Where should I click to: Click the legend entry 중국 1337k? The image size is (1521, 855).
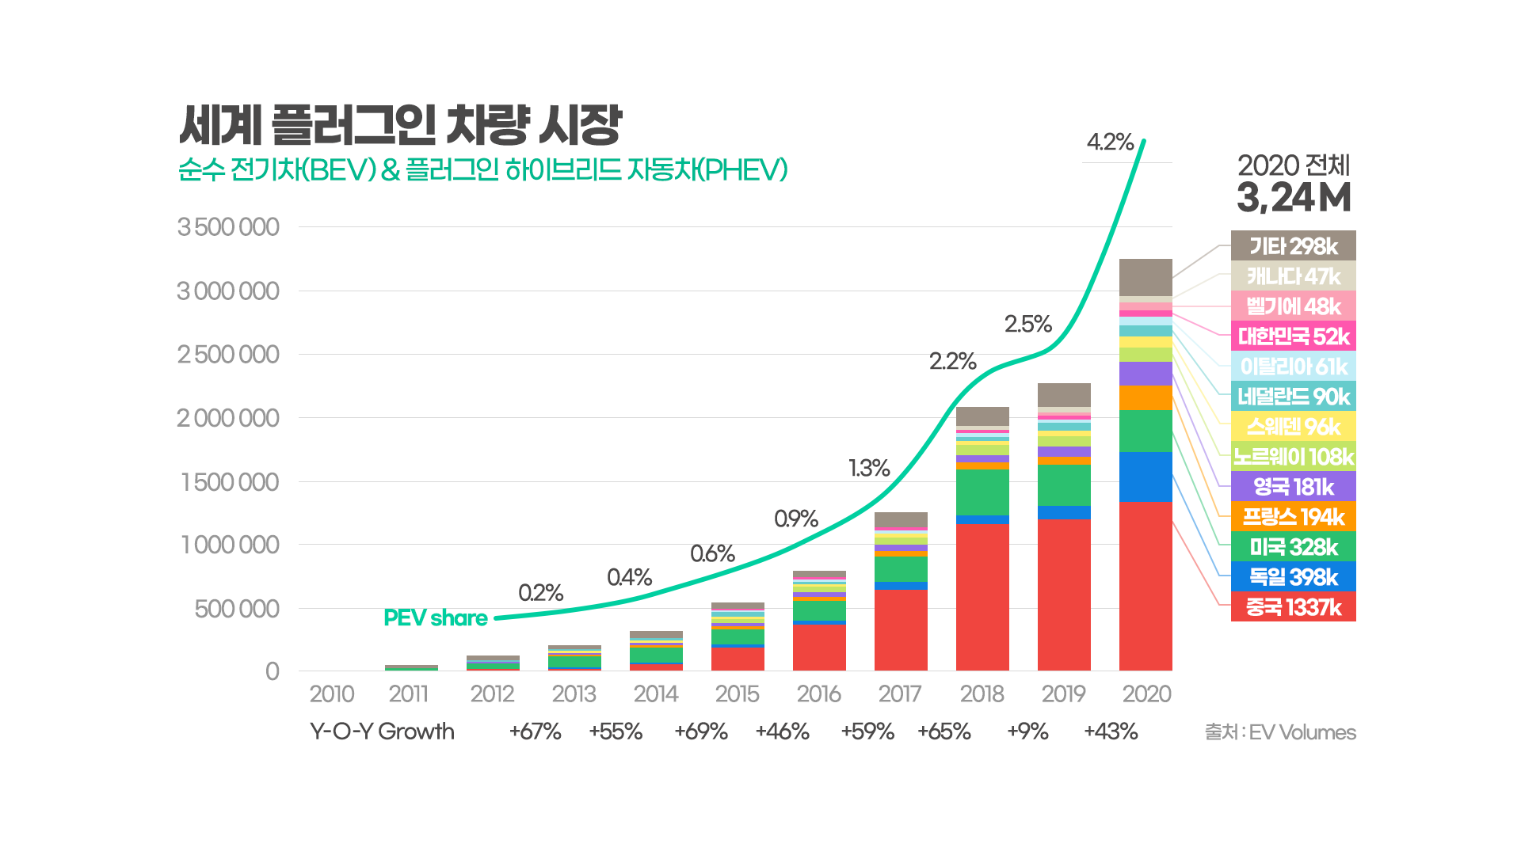[1293, 607]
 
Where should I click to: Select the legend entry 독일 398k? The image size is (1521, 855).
[1293, 577]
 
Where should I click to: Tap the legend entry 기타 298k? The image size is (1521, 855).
[1293, 246]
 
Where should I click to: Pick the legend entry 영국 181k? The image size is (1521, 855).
[1293, 487]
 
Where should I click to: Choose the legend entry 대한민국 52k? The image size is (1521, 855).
[1293, 336]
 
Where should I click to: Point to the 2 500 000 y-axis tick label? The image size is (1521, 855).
[228, 354]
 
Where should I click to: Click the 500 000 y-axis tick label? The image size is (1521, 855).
[237, 609]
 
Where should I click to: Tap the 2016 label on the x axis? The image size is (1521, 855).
[818, 694]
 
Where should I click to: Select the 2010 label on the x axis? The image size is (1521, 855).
[331, 694]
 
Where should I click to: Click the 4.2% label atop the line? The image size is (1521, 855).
[1110, 142]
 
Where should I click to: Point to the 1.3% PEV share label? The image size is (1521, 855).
[869, 468]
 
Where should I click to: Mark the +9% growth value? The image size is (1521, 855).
[1027, 731]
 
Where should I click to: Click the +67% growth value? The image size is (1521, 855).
[535, 731]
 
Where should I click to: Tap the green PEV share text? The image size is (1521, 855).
[435, 617]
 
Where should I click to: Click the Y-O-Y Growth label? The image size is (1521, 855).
[382, 731]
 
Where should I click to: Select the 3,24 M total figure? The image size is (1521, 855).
[1294, 198]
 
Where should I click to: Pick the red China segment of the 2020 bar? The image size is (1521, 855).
[1146, 586]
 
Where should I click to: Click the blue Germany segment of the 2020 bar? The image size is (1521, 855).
[1146, 477]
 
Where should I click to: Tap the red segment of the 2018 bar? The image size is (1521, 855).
[982, 597]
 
